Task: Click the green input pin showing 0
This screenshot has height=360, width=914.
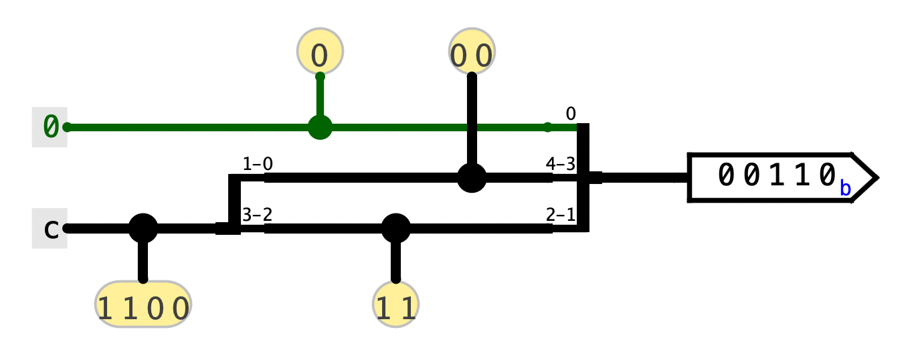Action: click(x=50, y=126)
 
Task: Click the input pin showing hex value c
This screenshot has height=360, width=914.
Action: click(x=50, y=229)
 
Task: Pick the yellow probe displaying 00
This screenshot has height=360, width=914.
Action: click(x=471, y=53)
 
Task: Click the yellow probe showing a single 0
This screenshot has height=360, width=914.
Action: click(x=320, y=52)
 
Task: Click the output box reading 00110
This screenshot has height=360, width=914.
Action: click(x=776, y=177)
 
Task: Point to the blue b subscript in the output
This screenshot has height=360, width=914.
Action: click(x=845, y=189)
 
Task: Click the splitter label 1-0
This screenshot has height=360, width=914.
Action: click(x=257, y=164)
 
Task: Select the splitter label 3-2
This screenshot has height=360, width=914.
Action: click(x=257, y=215)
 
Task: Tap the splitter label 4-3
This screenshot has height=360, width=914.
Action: click(x=560, y=164)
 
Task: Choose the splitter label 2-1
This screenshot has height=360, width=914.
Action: click(x=560, y=215)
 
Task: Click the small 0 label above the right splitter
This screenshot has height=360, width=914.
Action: click(x=570, y=114)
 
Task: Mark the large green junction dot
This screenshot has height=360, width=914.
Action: click(x=320, y=127)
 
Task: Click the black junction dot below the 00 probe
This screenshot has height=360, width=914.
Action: click(x=471, y=178)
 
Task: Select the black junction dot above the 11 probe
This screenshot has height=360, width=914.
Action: click(x=395, y=229)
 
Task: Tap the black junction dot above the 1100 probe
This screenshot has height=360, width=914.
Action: click(x=143, y=229)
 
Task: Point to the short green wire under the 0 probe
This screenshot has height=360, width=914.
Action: click(x=320, y=97)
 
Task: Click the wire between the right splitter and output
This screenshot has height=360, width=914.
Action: click(x=642, y=178)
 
